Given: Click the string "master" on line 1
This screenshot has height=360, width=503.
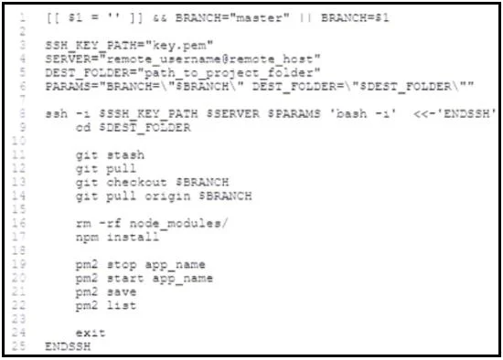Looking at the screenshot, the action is pyautogui.click(x=259, y=17).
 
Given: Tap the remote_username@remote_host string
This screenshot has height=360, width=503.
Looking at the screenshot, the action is pyautogui.click(x=213, y=59).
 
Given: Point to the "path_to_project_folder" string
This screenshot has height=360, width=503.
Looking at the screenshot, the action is pyautogui.click(x=229, y=73).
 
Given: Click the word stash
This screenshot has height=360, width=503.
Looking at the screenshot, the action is pyautogui.click(x=125, y=155).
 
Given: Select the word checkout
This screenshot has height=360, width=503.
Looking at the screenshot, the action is pyautogui.click(x=136, y=182).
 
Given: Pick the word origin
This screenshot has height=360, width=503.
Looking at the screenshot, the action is pyautogui.click(x=167, y=196).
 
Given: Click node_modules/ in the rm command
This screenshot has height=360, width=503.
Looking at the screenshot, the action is pyautogui.click(x=178, y=224).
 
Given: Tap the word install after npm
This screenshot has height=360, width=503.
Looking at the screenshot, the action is pyautogui.click(x=133, y=237).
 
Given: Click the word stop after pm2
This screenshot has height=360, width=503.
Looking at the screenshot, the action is pyautogui.click(x=122, y=265).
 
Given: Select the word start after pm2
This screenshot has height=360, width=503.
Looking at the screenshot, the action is pyautogui.click(x=125, y=279).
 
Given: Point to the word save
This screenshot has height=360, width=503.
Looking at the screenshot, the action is pyautogui.click(x=122, y=292).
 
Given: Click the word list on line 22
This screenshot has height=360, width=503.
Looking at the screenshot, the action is pyautogui.click(x=122, y=305).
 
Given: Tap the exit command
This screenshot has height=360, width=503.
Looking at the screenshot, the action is pyautogui.click(x=91, y=334).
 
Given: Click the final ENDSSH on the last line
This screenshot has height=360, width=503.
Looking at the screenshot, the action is pyautogui.click(x=68, y=346).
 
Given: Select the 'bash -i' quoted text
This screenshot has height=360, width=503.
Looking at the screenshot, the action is pyautogui.click(x=364, y=114).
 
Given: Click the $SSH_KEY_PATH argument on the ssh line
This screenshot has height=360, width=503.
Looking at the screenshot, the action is pyautogui.click(x=148, y=114).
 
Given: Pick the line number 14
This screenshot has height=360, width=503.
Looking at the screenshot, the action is pyautogui.click(x=19, y=196).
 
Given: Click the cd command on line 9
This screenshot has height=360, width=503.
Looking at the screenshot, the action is pyautogui.click(x=83, y=128).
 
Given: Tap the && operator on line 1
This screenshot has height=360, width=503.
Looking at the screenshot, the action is pyautogui.click(x=160, y=18).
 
